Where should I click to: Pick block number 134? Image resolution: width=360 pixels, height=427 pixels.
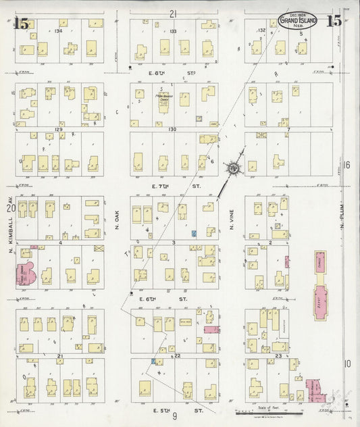[x=59, y=30]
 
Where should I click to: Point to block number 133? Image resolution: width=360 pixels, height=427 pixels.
[x=174, y=30]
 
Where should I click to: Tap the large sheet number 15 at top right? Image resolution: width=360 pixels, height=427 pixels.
[x=334, y=20]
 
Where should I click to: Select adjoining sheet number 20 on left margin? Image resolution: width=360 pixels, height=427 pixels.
[x=10, y=209]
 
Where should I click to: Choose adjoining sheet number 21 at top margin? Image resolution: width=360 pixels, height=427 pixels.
[x=174, y=14]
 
